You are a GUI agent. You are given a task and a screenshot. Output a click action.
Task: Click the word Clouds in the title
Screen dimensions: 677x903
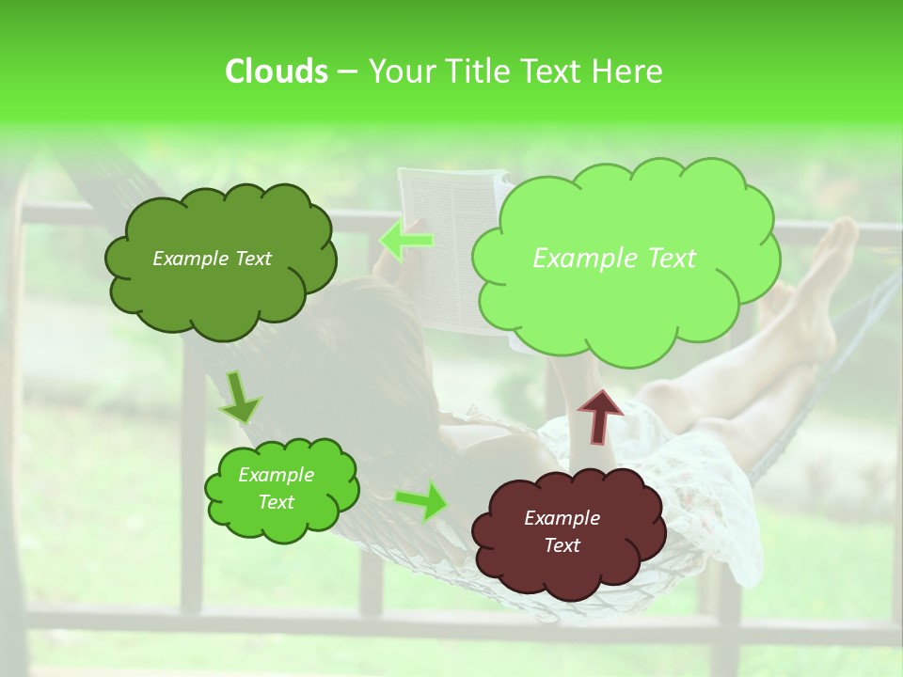coord(277,71)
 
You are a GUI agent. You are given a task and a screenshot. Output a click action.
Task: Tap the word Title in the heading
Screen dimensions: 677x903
coord(475,71)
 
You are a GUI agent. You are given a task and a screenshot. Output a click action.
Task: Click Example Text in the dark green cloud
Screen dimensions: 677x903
coord(212,259)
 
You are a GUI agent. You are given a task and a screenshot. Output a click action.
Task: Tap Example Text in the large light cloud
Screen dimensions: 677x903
coord(614,259)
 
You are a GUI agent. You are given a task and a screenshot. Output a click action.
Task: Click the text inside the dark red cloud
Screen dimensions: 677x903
coord(562,531)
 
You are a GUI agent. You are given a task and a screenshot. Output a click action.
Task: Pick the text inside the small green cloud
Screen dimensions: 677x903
coord(276,488)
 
